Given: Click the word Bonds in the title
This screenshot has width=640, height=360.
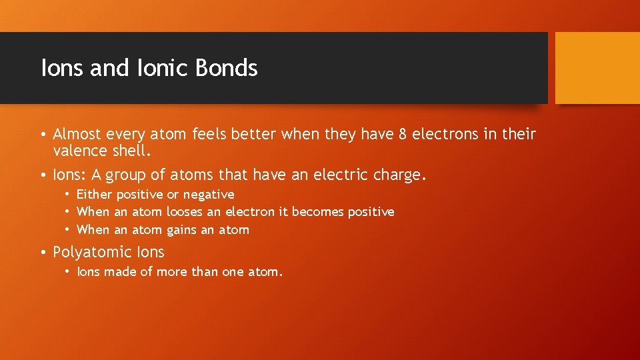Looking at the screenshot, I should point(227,68).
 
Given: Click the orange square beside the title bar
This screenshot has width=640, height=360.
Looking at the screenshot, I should point(597,68).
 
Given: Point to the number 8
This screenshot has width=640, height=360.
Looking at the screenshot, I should point(402,135).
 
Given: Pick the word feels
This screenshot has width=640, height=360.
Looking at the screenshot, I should point(211,135).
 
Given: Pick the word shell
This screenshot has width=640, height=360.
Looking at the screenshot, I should point(133,151).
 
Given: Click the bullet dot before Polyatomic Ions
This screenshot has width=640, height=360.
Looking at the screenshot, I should point(43,253).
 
